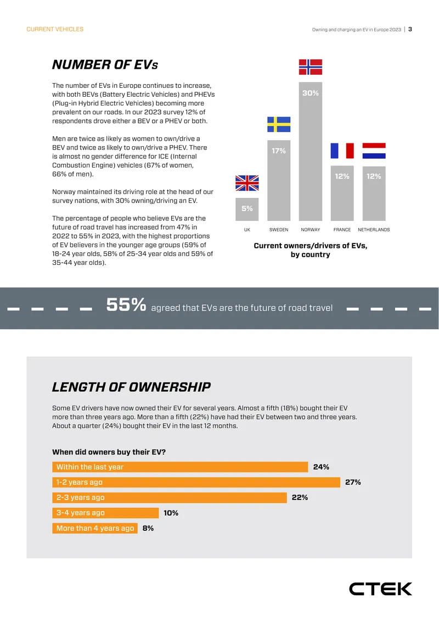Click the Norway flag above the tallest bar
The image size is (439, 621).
tap(311, 67)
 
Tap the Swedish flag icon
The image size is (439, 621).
tap(279, 124)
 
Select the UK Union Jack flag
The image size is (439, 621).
tap(247, 183)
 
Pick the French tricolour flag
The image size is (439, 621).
tap(342, 151)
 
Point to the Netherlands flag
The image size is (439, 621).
tap(374, 151)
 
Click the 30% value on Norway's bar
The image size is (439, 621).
tap(311, 93)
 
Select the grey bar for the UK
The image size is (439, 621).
tap(247, 209)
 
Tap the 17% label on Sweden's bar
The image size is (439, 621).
tap(279, 151)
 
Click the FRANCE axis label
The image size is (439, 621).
tap(342, 230)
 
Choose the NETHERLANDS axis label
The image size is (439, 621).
tap(374, 230)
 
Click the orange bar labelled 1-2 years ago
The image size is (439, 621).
tap(196, 483)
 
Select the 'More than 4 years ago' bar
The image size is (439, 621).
tap(95, 528)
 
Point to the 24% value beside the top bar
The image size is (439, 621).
tap(321, 467)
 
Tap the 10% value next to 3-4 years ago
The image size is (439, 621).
tap(171, 513)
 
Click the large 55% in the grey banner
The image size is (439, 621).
tap(126, 305)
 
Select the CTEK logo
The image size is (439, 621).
tap(380, 589)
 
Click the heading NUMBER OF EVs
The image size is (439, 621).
tap(105, 65)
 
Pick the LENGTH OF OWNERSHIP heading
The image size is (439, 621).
tap(131, 387)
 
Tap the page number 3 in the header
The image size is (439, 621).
tap(410, 29)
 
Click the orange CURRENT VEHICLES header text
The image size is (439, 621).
tap(55, 29)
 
